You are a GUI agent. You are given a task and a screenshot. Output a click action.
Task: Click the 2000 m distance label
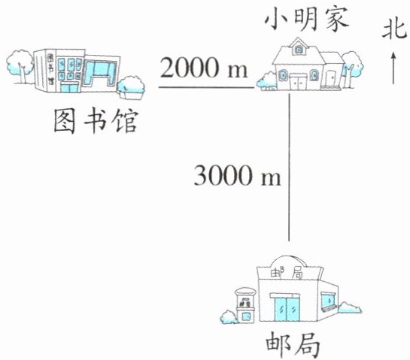tap(204, 68)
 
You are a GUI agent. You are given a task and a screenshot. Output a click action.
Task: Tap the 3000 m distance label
tap(237, 175)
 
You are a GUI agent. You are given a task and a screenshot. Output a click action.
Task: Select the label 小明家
tap(307, 19)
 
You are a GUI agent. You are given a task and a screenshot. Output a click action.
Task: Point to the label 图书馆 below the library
tap(96, 121)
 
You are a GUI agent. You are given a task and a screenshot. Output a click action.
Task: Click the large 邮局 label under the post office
tap(293, 344)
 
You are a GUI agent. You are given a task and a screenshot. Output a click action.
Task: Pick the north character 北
tap(394, 29)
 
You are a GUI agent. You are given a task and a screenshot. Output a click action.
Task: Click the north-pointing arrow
tap(393, 68)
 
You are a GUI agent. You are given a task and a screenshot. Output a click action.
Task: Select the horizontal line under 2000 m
tap(206, 87)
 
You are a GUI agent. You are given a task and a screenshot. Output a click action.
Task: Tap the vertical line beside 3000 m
tap(289, 168)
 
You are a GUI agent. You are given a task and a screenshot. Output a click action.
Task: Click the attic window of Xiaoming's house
tap(299, 50)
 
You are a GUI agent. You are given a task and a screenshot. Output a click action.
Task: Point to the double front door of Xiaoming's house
tap(299, 81)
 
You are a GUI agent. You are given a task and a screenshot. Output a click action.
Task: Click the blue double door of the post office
tap(287, 309)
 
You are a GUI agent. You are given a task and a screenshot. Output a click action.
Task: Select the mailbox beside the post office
tap(245, 305)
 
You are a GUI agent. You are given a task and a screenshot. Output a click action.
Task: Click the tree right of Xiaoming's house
tap(351, 68)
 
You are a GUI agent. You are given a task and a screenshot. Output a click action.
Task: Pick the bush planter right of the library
tap(131, 87)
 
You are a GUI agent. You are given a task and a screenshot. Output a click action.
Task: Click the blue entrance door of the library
tap(69, 87)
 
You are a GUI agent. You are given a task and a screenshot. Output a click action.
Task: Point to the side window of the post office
tap(328, 301)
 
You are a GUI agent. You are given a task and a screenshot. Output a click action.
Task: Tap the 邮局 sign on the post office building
tap(287, 274)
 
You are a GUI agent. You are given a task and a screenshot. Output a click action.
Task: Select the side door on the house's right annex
tap(330, 77)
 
